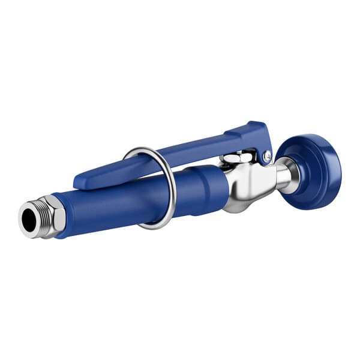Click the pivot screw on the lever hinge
coord(266,157)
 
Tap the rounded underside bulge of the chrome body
coord(237,204)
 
